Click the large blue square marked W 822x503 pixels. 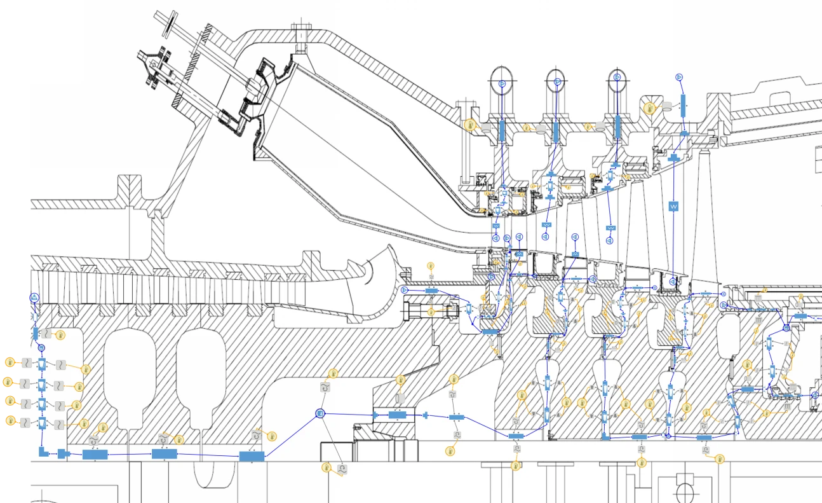tap(673, 207)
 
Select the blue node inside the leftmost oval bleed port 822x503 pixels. tap(501, 83)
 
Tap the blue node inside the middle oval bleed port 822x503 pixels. tap(557, 82)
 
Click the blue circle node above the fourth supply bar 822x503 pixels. tap(678, 77)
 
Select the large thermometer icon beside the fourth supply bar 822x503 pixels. tap(649, 108)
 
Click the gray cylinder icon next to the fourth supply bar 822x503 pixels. tap(666, 105)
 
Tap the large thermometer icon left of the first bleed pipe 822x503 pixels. tap(471, 125)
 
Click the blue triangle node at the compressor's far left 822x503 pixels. tap(34, 298)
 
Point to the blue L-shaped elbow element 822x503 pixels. tap(43, 451)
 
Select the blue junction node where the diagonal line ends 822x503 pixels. tap(320, 414)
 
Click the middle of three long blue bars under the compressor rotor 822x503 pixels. tap(163, 453)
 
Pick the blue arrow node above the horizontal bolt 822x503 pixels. tap(404, 290)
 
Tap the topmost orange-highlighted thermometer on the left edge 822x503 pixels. tap(10, 362)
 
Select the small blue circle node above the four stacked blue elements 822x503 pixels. tap(41, 348)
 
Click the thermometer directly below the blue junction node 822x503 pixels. tap(327, 468)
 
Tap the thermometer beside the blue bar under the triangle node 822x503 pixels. tap(60, 334)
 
